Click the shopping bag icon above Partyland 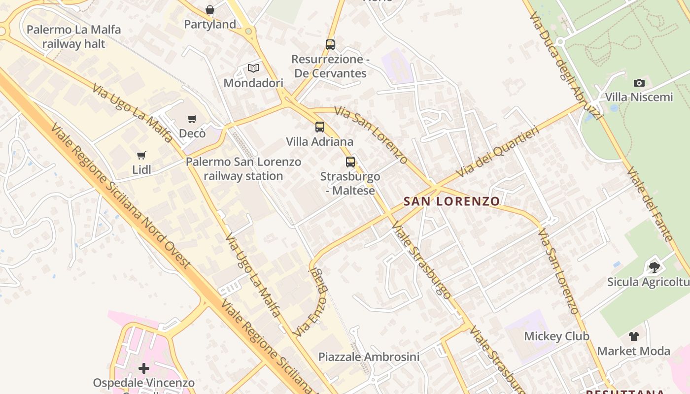point(210,10)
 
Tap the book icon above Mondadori point(253,68)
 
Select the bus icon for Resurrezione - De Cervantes point(330,45)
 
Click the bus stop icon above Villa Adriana point(320,127)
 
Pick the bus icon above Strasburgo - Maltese point(350,162)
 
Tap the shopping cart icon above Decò point(192,119)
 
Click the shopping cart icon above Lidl point(141,155)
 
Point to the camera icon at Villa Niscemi point(639,83)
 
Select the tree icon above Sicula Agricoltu point(655,267)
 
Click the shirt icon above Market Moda point(634,336)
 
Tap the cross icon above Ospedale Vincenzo point(144,368)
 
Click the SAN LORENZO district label point(452,201)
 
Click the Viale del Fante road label point(649,204)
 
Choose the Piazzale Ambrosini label point(369,357)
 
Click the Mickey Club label point(556,336)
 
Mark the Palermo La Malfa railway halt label point(73,36)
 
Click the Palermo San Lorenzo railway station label point(243,169)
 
